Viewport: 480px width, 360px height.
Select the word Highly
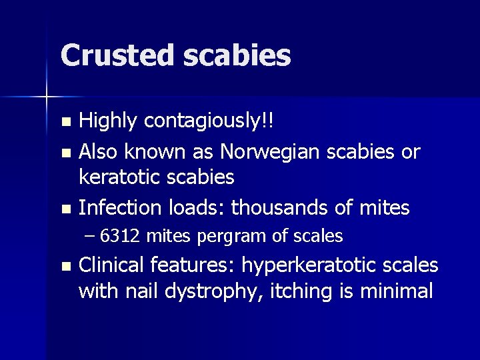click(x=108, y=121)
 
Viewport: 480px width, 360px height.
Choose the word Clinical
click(x=111, y=265)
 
